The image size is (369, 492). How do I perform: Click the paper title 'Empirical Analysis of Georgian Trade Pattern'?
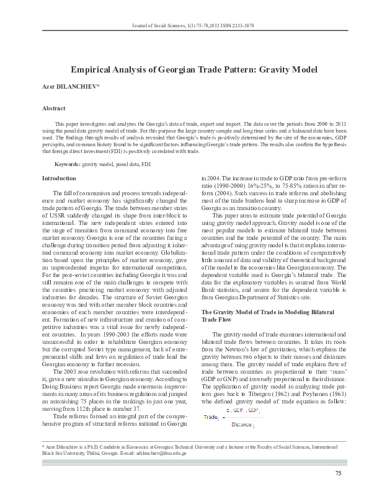pos(185,69)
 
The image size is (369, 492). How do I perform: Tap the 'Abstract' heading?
pos(54,108)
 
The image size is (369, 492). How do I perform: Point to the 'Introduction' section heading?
pos(58,178)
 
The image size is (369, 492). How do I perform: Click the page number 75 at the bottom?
pos(338,474)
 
